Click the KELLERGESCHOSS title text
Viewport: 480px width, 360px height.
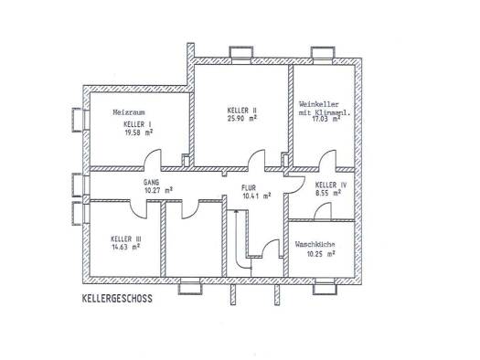point(117,299)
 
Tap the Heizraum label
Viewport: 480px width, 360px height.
point(129,112)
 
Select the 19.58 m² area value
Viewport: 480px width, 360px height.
point(139,132)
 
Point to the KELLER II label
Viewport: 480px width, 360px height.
point(242,111)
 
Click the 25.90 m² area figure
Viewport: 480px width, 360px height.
point(242,119)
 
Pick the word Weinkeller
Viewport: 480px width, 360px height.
point(319,104)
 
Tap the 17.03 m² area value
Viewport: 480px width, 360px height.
point(325,119)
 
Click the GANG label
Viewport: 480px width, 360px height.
point(151,183)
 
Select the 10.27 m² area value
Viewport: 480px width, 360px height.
point(158,190)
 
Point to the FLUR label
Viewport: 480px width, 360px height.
point(249,188)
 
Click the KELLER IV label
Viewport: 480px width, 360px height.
point(331,185)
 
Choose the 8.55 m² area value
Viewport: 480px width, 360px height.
point(328,193)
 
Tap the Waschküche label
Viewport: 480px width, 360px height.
point(315,244)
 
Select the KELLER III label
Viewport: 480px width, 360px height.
point(126,238)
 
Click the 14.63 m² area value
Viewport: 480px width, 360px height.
point(126,247)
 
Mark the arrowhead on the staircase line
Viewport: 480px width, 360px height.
point(235,211)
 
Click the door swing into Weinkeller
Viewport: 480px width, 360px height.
point(326,157)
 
